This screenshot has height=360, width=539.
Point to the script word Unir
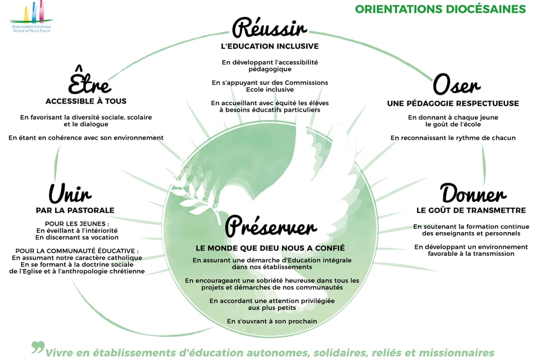pos(70,193)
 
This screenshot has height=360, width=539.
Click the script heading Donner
pos(473,194)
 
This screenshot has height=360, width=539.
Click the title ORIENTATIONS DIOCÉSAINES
pos(440,9)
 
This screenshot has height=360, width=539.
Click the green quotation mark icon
pos(37,348)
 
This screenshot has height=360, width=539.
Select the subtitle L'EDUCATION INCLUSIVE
pos(269,46)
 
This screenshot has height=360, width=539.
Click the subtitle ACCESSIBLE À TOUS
pos(86,101)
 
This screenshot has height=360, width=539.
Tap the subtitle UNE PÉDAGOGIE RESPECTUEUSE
pos(453,104)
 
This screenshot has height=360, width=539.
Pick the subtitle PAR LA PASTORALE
pos(75,211)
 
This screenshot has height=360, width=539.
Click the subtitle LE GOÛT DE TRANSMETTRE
pos(471,211)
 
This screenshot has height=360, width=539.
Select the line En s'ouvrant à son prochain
pos(272,321)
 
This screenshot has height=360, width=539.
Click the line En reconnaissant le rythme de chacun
pos(453,138)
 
